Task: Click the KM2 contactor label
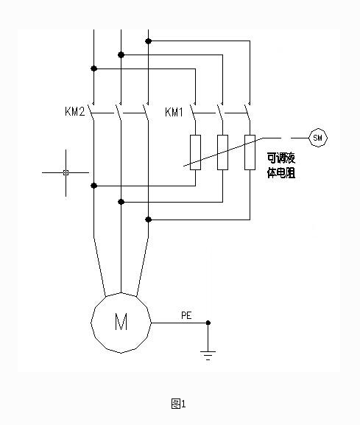tap(76, 113)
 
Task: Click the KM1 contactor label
tap(174, 113)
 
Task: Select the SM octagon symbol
tap(318, 137)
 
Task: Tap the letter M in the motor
tap(121, 322)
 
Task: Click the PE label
tap(186, 315)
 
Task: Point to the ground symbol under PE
tap(208, 355)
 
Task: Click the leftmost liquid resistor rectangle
tap(195, 152)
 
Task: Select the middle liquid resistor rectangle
tap(222, 152)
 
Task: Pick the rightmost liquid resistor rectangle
tap(250, 152)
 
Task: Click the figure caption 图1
tap(179, 403)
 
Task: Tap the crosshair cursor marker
tap(66, 172)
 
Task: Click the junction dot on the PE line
tap(208, 323)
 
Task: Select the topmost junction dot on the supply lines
tap(148, 41)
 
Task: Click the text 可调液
tap(280, 157)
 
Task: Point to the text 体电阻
tap(280, 174)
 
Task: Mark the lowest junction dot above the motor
tap(148, 219)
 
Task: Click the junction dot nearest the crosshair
tap(93, 186)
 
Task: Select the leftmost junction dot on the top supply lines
tap(93, 69)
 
